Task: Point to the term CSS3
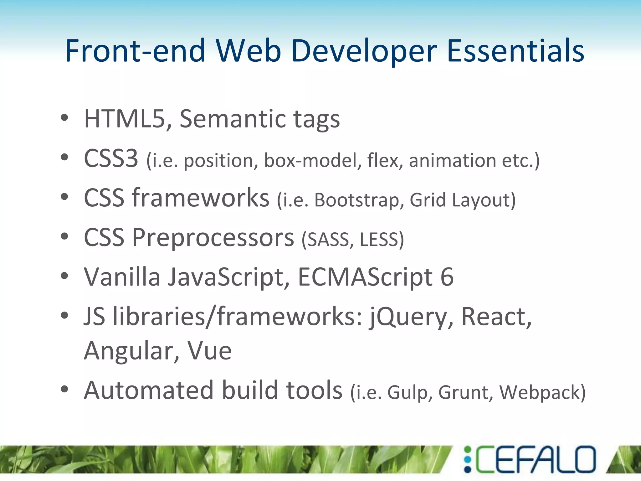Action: tap(111, 159)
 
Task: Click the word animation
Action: tap(452, 160)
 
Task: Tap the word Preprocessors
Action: tap(213, 238)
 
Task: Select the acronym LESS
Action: tap(379, 240)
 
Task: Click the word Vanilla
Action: tap(122, 277)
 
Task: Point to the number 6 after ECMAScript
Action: tap(447, 277)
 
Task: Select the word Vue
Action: tap(209, 351)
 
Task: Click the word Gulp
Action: tap(407, 392)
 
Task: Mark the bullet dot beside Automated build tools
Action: tap(64, 389)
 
